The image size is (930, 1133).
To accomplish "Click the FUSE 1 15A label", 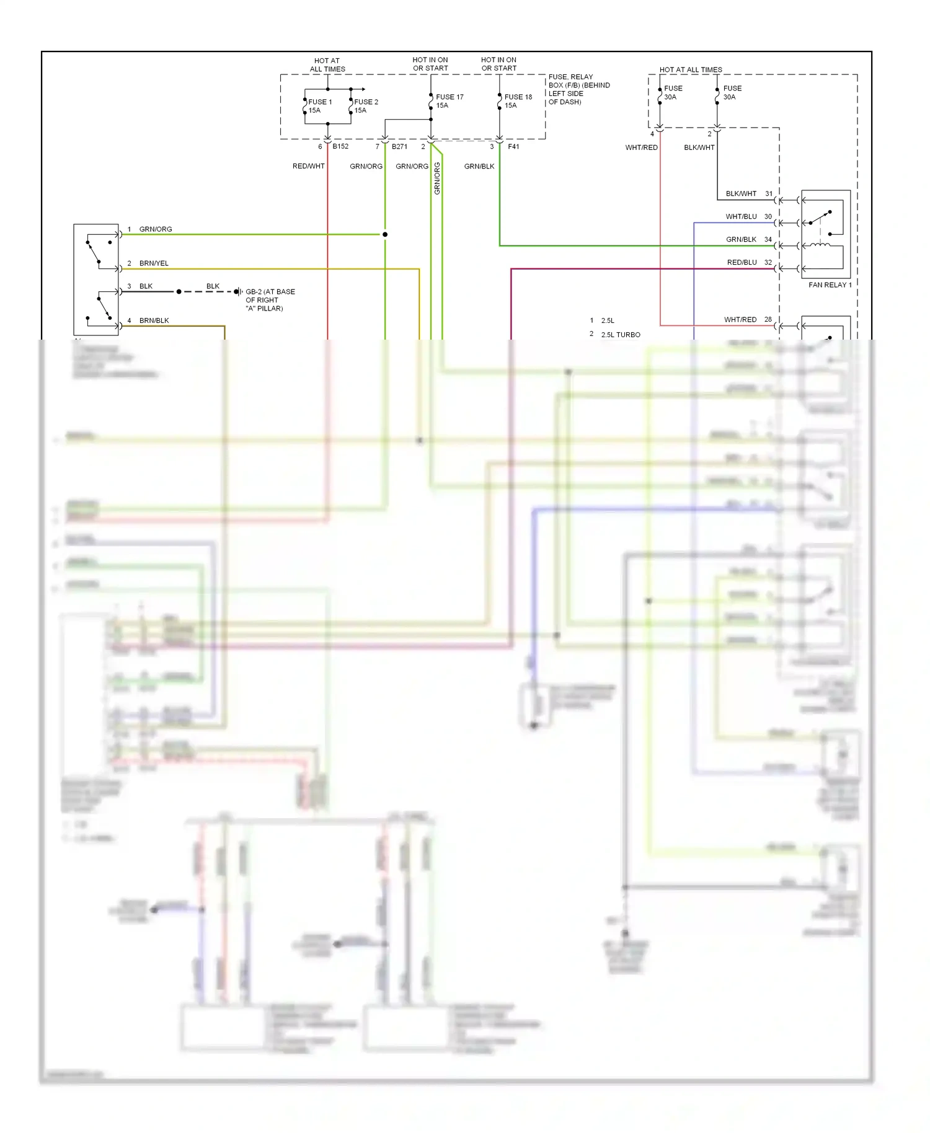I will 320,106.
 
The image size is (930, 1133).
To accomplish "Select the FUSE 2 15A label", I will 366,106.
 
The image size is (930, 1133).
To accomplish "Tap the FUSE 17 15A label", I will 449,101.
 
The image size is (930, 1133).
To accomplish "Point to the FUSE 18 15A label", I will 518,101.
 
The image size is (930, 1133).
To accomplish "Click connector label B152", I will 340,146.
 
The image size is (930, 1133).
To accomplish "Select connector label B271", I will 399,146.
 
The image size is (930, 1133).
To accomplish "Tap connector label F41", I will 513,146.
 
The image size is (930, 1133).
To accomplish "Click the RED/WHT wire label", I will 308,166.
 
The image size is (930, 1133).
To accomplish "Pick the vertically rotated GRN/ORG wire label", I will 437,179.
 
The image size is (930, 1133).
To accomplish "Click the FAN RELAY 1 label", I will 830,284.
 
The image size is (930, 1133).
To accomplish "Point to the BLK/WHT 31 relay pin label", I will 749,193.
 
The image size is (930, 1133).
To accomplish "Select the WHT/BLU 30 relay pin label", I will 749,216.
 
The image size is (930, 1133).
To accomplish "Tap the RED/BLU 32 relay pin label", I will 749,262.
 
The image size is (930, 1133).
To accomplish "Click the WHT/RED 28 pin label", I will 748,319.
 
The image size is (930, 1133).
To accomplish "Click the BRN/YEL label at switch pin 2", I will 154,263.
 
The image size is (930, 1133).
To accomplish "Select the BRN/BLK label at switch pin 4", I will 154,320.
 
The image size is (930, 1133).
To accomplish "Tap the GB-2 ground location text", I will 270,300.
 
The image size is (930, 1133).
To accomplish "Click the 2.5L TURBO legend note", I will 620,335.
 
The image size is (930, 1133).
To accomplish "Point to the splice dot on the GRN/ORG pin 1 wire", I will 385,234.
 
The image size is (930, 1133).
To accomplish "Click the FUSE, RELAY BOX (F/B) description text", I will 578,89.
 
